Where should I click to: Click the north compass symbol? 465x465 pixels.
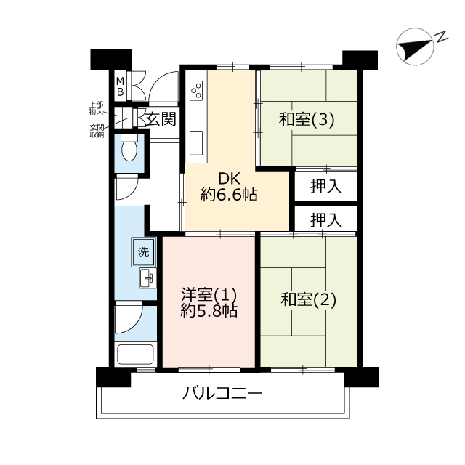[415, 46]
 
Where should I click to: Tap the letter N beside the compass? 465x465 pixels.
[441, 36]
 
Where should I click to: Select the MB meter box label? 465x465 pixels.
[120, 86]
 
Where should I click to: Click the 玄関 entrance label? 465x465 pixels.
[161, 119]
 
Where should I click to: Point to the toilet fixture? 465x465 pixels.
[129, 147]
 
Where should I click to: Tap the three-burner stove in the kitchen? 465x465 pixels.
[196, 90]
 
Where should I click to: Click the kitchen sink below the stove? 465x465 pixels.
[196, 143]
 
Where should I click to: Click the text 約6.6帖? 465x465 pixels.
[229, 195]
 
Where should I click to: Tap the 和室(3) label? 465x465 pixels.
[307, 119]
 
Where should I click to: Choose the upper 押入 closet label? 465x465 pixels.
[326, 187]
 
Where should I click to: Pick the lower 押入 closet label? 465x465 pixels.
[326, 219]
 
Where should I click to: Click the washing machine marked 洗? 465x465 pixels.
[144, 252]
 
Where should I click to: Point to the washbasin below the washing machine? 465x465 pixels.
[148, 278]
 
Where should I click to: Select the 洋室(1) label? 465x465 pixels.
[209, 295]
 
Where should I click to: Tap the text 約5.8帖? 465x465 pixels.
[209, 311]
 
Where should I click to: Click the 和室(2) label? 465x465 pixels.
[308, 299]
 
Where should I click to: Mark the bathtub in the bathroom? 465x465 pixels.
[136, 355]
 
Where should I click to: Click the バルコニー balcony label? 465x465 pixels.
[222, 394]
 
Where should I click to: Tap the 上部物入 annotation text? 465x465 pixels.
[96, 108]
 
